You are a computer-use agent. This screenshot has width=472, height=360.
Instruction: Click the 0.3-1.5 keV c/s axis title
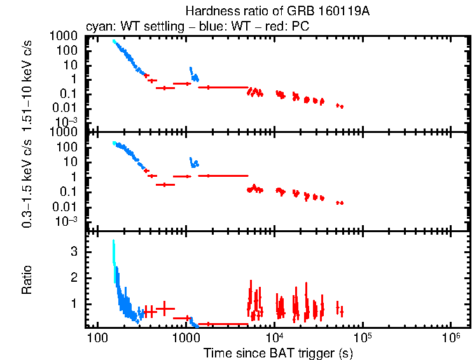[29, 181]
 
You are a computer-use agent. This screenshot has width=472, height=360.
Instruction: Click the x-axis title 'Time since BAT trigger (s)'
[278, 352]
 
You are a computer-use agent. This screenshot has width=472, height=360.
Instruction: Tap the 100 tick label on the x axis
[97, 336]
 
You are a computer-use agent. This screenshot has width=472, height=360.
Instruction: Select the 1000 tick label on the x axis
[186, 336]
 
